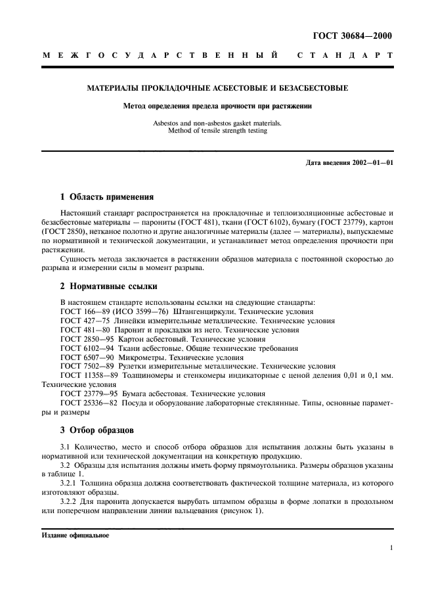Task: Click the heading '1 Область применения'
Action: point(107,196)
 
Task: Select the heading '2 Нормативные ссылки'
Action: point(109,286)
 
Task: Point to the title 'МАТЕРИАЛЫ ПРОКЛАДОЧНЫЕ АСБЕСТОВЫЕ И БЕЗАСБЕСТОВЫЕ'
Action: point(217,88)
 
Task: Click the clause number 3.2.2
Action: point(70,502)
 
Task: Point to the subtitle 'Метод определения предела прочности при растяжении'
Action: point(217,106)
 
